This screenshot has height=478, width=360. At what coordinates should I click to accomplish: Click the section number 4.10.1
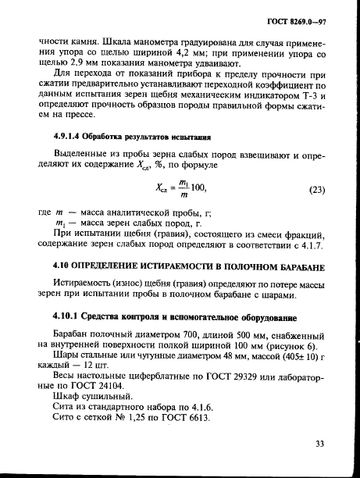click(69, 317)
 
